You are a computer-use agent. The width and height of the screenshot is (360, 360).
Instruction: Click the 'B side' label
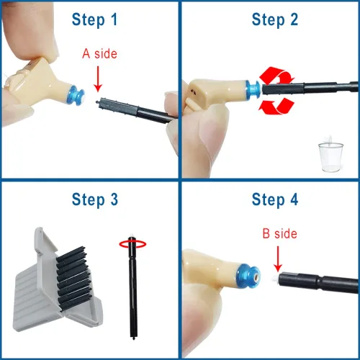click(281, 234)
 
